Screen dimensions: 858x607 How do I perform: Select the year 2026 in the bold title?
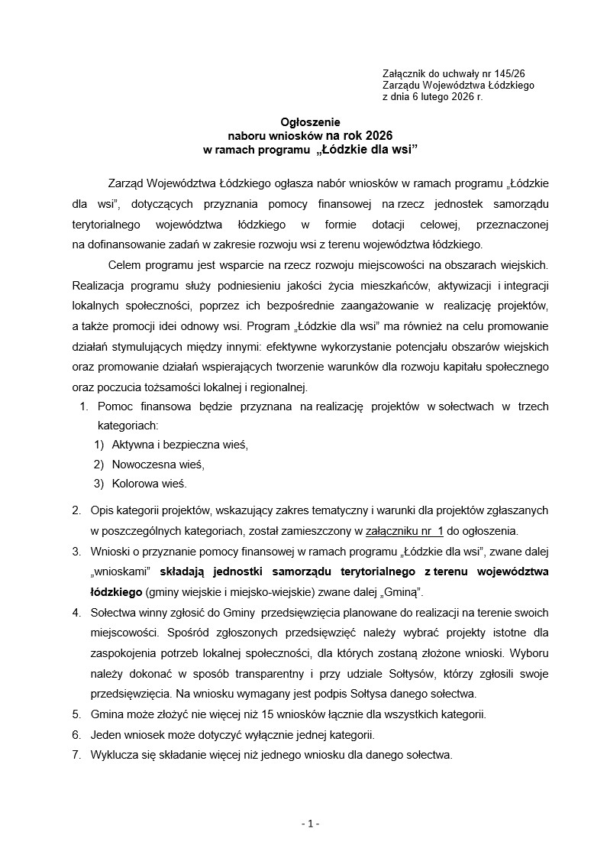[x=376, y=135]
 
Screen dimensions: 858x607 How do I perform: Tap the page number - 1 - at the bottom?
[x=310, y=824]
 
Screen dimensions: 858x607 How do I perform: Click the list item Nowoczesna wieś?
[x=158, y=464]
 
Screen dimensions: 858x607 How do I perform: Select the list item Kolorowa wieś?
[x=149, y=484]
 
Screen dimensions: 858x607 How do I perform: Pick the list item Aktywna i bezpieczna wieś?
[x=180, y=444]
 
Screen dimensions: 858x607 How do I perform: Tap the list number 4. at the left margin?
[x=76, y=613]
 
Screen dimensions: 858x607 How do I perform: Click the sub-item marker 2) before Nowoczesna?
[x=98, y=464]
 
